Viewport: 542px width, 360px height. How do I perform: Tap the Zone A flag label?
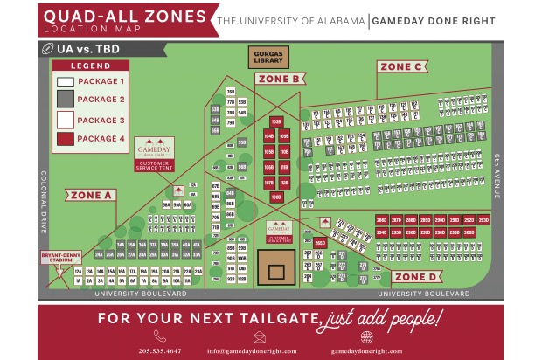tap(90, 195)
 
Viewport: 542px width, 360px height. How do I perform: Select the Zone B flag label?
tap(280, 79)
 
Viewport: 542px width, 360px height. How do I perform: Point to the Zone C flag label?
tap(401, 66)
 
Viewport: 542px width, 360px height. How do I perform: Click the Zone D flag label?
tap(414, 277)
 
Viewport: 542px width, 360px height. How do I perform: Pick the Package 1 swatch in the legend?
tap(66, 81)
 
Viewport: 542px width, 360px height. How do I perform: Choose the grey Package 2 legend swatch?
tap(66, 100)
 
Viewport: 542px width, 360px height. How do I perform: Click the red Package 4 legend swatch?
tap(66, 138)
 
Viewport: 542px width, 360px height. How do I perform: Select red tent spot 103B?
tap(275, 121)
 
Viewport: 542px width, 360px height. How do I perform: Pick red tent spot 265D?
tap(321, 242)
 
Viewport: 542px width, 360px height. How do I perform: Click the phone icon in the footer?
tap(159, 336)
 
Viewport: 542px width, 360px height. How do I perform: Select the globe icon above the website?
tap(365, 336)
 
